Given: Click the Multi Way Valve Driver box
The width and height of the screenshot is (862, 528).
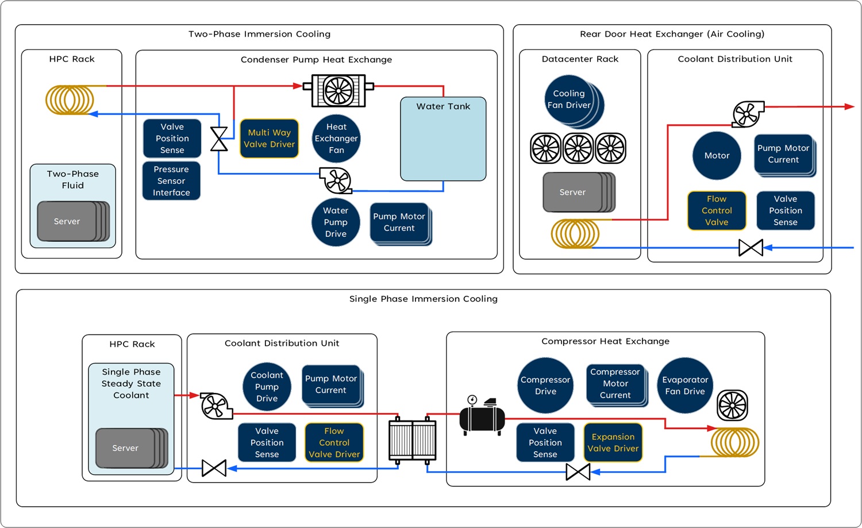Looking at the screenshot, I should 269,138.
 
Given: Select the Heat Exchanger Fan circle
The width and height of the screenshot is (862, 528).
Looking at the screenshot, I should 336,138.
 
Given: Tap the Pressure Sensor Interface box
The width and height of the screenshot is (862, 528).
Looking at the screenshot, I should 171,181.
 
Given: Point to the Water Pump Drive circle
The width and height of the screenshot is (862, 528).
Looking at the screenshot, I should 336,222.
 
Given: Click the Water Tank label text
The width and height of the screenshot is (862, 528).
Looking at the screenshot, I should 443,106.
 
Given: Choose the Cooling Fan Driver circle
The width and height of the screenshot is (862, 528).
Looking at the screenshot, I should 569,99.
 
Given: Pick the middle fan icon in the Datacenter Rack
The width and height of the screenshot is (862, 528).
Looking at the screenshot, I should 578,148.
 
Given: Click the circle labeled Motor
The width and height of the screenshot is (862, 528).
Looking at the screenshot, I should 717,156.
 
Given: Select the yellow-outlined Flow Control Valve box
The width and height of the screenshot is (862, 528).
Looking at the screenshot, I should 717,211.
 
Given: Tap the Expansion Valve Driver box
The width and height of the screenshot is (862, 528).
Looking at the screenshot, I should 613,442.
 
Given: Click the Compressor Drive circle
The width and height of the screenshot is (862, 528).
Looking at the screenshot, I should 545,386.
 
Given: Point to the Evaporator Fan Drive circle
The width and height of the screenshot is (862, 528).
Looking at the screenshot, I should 684,386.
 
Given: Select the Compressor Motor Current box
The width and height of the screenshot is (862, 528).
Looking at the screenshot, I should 615,384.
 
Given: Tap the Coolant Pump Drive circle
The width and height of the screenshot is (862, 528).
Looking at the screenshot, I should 267,387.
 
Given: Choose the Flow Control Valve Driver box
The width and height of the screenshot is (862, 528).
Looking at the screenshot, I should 334,442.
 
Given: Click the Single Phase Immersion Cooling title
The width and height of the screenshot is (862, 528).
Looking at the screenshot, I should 423,299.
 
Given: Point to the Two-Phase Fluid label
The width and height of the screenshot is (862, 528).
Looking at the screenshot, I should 73,179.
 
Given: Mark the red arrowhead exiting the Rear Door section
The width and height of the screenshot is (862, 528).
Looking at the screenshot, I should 849,106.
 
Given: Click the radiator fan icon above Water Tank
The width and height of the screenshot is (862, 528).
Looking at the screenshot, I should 338,90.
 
